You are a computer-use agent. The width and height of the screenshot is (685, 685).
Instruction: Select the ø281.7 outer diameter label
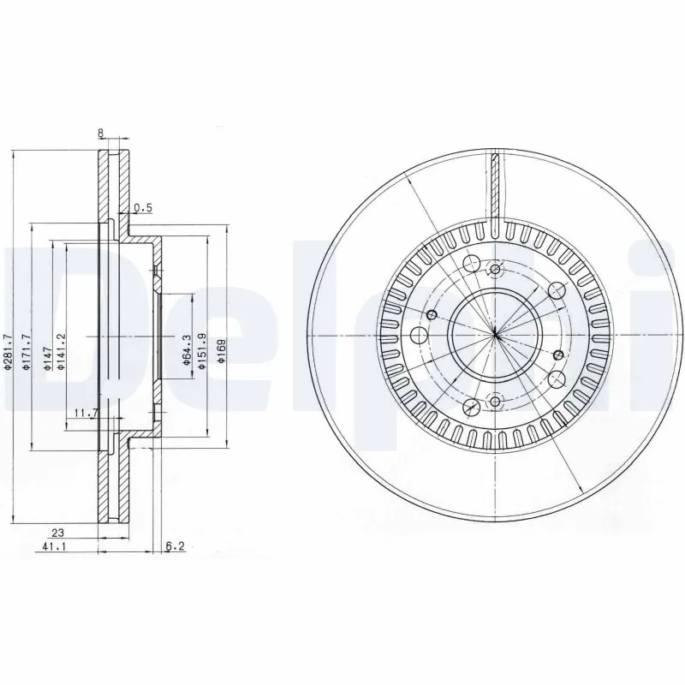coord(8,351)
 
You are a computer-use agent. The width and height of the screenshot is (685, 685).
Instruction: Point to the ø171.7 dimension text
coord(27,351)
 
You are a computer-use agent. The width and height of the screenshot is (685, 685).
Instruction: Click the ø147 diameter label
coord(48,351)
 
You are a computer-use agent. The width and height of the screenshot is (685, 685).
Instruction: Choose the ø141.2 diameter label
coord(61,351)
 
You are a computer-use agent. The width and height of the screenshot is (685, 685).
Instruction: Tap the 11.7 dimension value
coord(83,413)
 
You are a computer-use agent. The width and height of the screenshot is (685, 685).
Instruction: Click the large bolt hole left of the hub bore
coord(420,334)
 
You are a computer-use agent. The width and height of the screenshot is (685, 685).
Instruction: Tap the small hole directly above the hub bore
coord(496,270)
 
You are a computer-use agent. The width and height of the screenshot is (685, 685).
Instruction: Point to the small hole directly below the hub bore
coord(496,399)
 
